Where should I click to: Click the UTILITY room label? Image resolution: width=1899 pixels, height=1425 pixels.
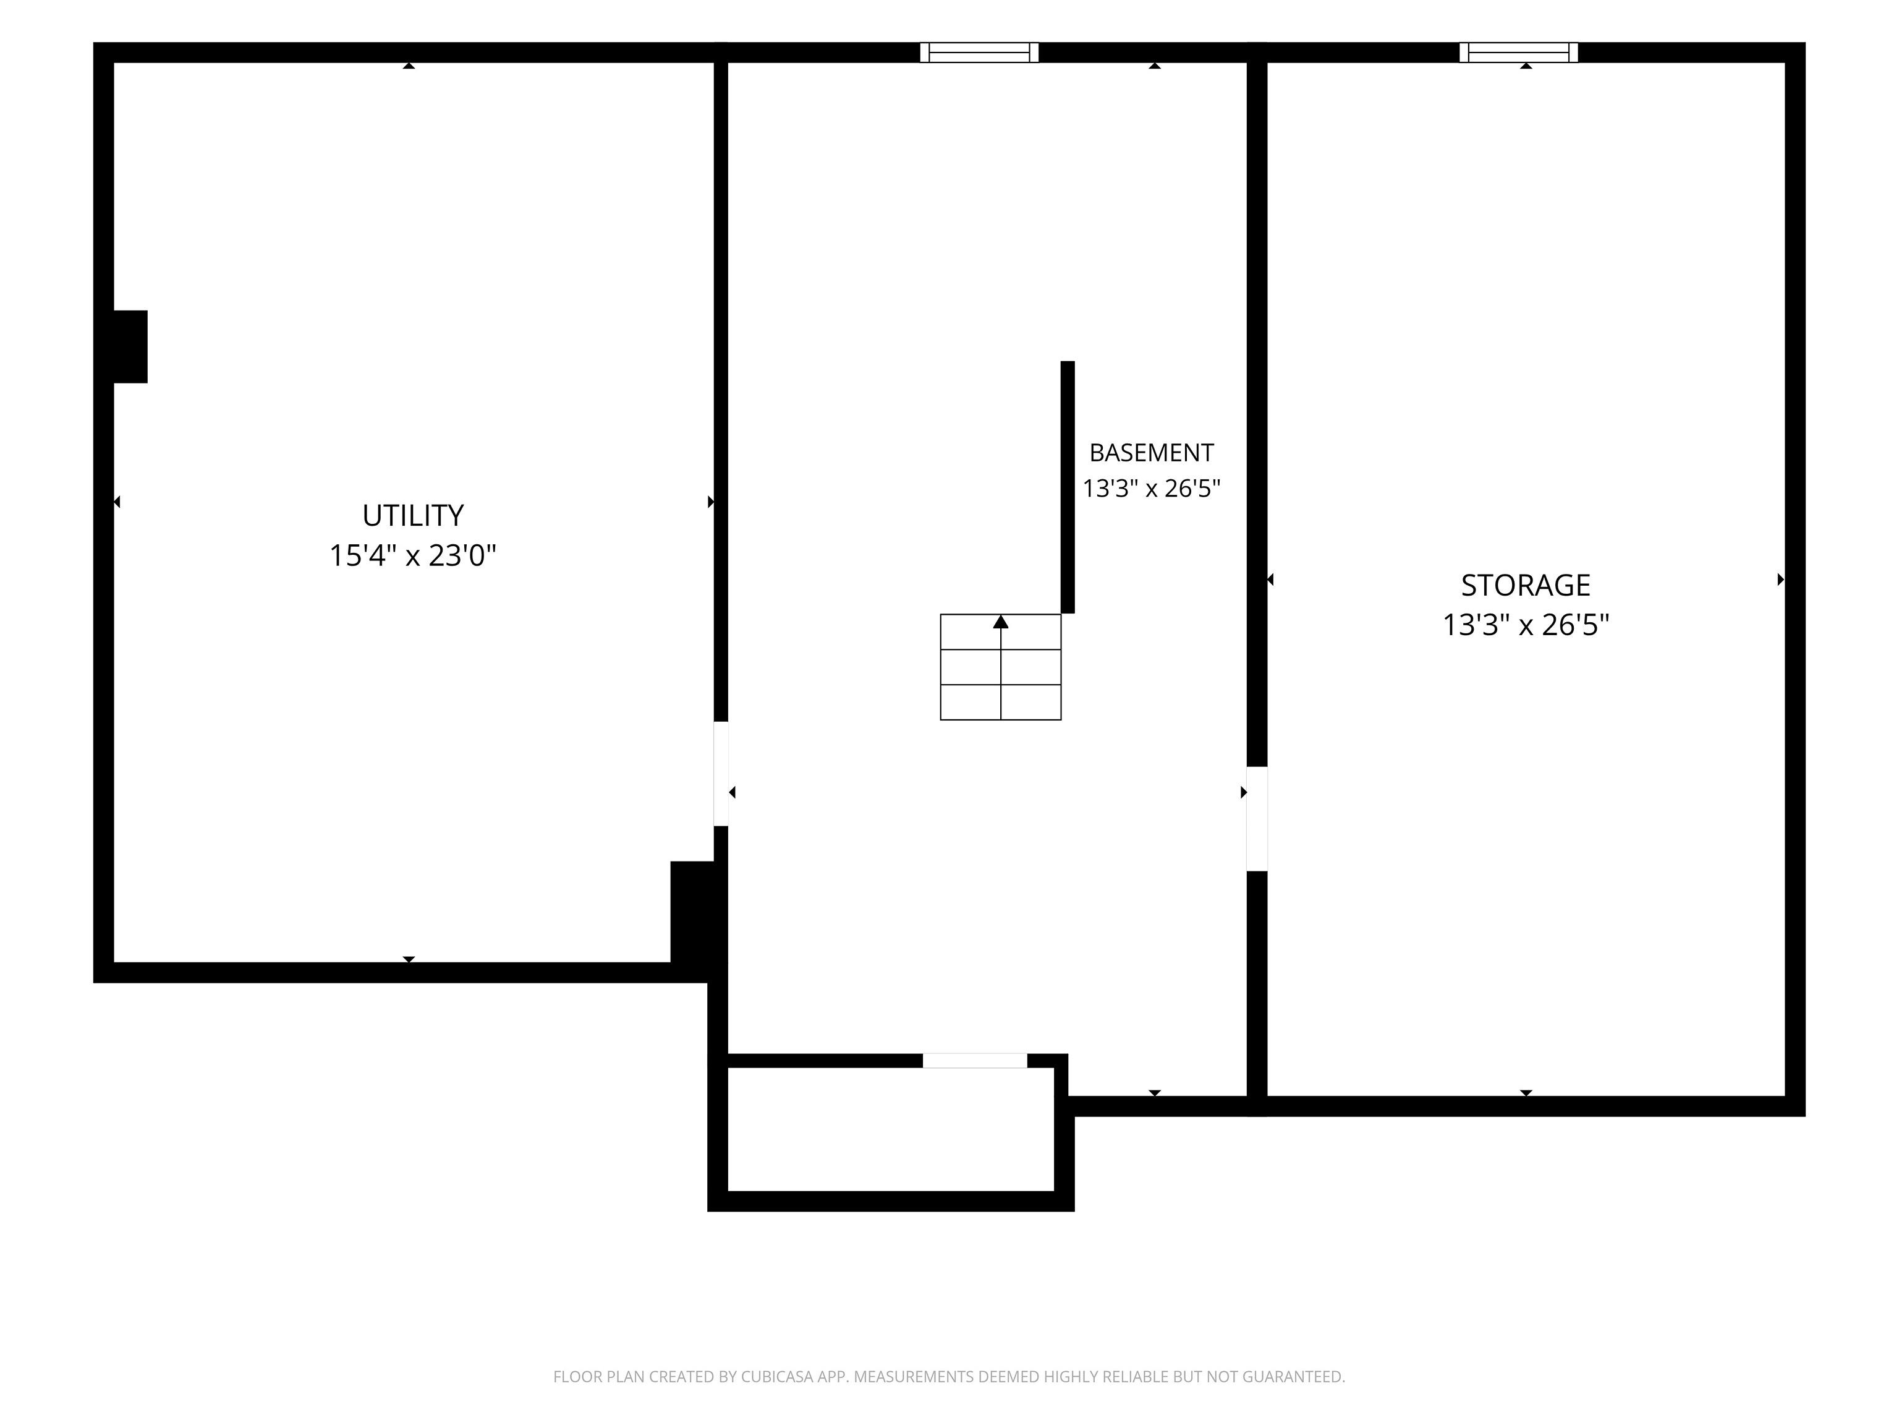pyautogui.click(x=413, y=515)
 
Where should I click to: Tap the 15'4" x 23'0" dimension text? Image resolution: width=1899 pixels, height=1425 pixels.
pyautogui.click(x=413, y=556)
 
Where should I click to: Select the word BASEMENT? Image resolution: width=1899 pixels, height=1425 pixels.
pyautogui.click(x=1151, y=453)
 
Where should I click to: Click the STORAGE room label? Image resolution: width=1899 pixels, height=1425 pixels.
pyautogui.click(x=1526, y=585)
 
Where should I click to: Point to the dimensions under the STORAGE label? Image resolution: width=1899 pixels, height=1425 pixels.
pyautogui.click(x=1526, y=625)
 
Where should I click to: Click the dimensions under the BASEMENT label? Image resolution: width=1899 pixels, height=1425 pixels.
pyautogui.click(x=1151, y=489)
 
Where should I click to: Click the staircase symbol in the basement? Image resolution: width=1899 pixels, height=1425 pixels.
pyautogui.click(x=1001, y=667)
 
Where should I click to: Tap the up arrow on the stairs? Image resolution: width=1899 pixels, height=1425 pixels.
pyautogui.click(x=1001, y=622)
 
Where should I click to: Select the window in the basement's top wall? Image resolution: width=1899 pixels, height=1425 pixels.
pyautogui.click(x=980, y=53)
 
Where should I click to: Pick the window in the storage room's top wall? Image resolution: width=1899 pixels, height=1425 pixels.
pyautogui.click(x=1519, y=53)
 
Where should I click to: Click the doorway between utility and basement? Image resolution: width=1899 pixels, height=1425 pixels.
pyautogui.click(x=721, y=774)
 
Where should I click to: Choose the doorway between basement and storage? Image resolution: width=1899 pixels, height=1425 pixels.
pyautogui.click(x=1257, y=819)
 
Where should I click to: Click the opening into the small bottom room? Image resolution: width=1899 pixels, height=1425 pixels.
pyautogui.click(x=974, y=1061)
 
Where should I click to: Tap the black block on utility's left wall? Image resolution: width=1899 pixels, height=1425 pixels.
pyautogui.click(x=130, y=346)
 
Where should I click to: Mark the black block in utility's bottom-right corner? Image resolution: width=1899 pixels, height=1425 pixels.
pyautogui.click(x=692, y=912)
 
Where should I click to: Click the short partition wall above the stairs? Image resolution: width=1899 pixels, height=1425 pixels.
pyautogui.click(x=1068, y=487)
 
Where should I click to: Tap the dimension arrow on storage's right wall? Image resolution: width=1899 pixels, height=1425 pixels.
pyautogui.click(x=1780, y=580)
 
